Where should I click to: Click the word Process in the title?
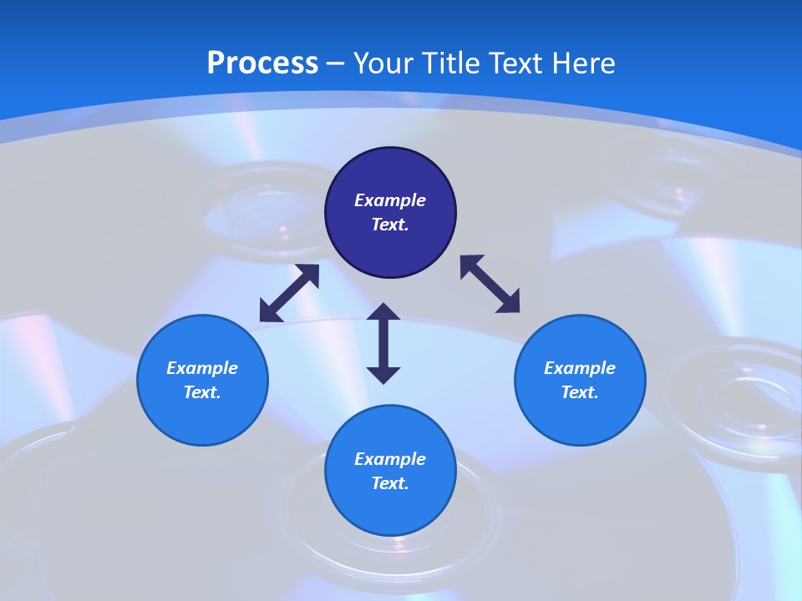[262, 63]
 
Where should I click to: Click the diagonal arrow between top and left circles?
[289, 293]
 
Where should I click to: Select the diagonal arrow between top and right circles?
[490, 285]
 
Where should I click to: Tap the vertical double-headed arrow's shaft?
[383, 343]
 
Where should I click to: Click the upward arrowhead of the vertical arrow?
[383, 311]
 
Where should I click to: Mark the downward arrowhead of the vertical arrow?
[383, 375]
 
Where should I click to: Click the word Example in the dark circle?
[390, 200]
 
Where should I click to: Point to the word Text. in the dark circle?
[390, 225]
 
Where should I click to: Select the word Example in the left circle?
[202, 368]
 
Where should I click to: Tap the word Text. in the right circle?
[580, 392]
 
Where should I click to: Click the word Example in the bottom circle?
[390, 459]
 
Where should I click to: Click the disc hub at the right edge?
[735, 401]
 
